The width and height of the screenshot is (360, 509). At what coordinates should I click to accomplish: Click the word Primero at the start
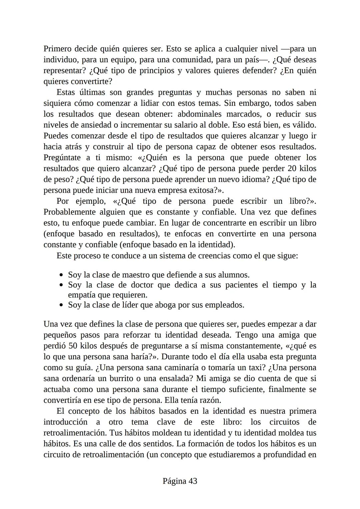click(57, 49)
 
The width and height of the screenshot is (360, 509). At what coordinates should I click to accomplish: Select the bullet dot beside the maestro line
click(61, 275)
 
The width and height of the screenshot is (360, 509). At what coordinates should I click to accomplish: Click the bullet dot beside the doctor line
click(61, 285)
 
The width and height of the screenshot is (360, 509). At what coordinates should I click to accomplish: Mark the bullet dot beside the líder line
click(61, 305)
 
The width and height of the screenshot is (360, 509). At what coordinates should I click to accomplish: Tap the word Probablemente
click(70, 212)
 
